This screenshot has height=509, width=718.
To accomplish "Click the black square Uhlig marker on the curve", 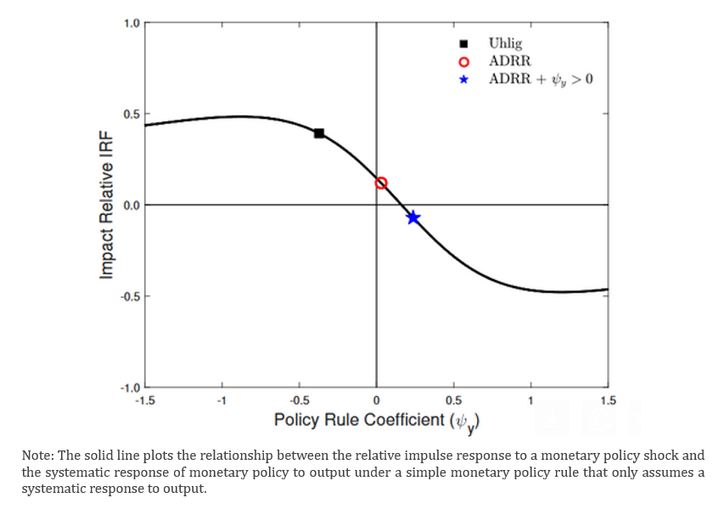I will [319, 133].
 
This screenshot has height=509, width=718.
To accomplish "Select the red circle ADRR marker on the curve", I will [381, 183].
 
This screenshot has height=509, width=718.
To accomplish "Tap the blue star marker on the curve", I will [413, 218].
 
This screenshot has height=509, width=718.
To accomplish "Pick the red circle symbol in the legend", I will [463, 62].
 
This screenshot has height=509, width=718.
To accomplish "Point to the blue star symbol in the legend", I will [463, 80].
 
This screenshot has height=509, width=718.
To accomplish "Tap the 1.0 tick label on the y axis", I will [132, 23].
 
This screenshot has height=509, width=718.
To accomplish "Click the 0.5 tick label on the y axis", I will [132, 115].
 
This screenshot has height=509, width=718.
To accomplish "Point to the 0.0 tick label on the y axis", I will [132, 205].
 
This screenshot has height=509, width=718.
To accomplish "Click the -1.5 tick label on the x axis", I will [145, 400].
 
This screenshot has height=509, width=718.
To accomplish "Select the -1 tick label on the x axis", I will [222, 400].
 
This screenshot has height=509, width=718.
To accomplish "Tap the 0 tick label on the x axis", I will [376, 400].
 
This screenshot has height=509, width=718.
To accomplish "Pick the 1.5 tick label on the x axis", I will [607, 400].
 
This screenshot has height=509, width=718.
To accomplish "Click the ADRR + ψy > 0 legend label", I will [541, 80].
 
